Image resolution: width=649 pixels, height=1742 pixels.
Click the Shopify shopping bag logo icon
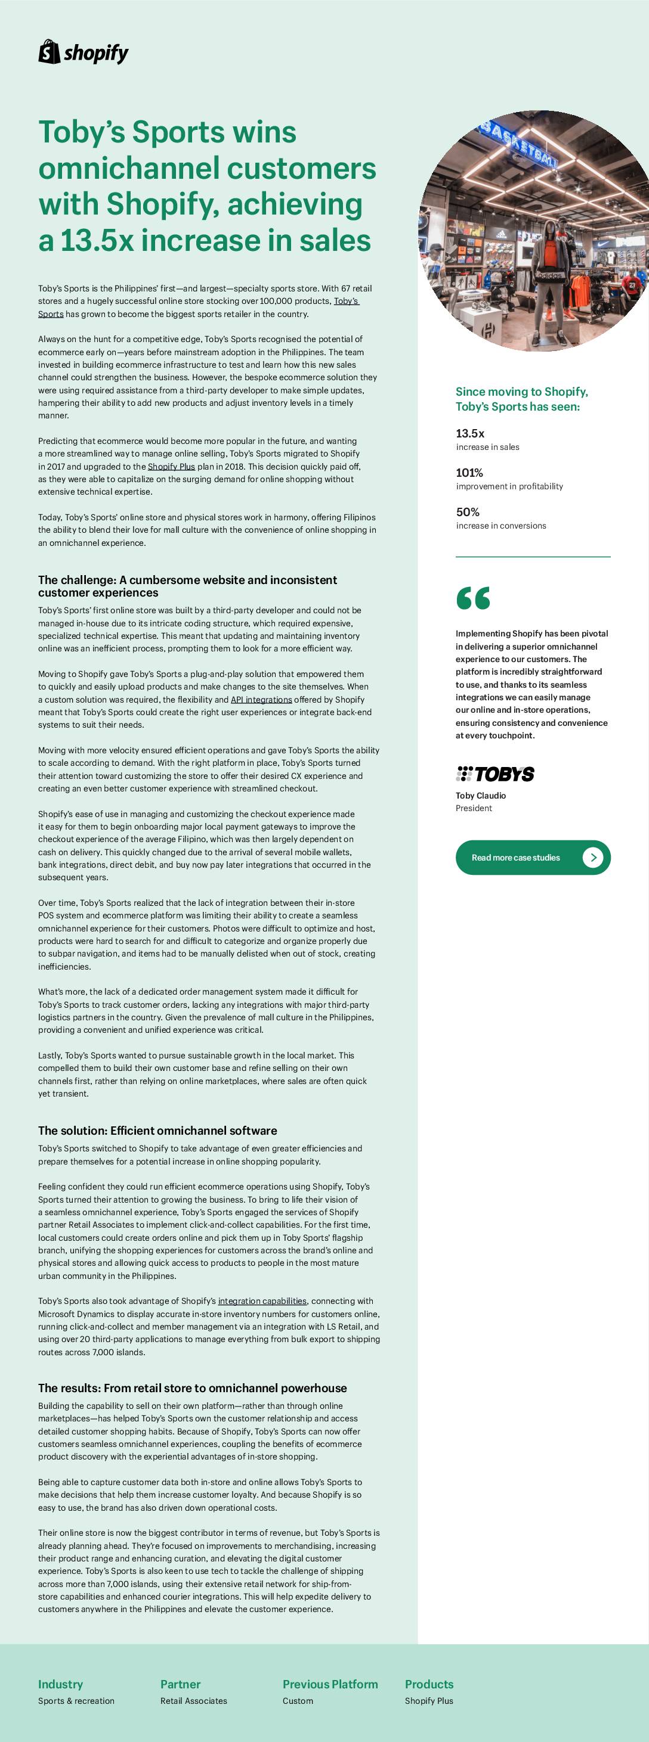pyautogui.click(x=49, y=52)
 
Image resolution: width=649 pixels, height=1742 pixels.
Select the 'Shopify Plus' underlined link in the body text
pyautogui.click(x=171, y=467)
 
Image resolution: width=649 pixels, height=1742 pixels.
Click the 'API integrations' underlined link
pyautogui.click(x=261, y=700)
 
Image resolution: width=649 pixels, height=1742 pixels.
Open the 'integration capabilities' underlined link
pyautogui.click(x=262, y=1301)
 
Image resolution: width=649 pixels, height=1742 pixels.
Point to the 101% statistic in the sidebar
pyautogui.click(x=469, y=473)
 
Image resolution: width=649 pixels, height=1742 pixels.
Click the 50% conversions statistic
pyautogui.click(x=468, y=512)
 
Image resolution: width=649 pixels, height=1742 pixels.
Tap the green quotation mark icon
pyautogui.click(x=473, y=598)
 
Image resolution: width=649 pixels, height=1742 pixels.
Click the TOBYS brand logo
pyautogui.click(x=495, y=774)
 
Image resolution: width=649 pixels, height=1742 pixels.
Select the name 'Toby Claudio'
pyautogui.click(x=481, y=796)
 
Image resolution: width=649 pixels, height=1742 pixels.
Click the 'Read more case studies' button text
pyautogui.click(x=516, y=858)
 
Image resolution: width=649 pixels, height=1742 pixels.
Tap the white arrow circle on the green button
pyautogui.click(x=593, y=858)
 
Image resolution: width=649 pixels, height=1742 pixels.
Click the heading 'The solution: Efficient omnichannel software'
pyautogui.click(x=157, y=1131)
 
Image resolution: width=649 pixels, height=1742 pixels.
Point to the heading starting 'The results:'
pyautogui.click(x=192, y=1389)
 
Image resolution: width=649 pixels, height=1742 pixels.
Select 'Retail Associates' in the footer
pyautogui.click(x=193, y=1701)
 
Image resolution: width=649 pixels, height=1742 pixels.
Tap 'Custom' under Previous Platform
pyautogui.click(x=298, y=1701)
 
